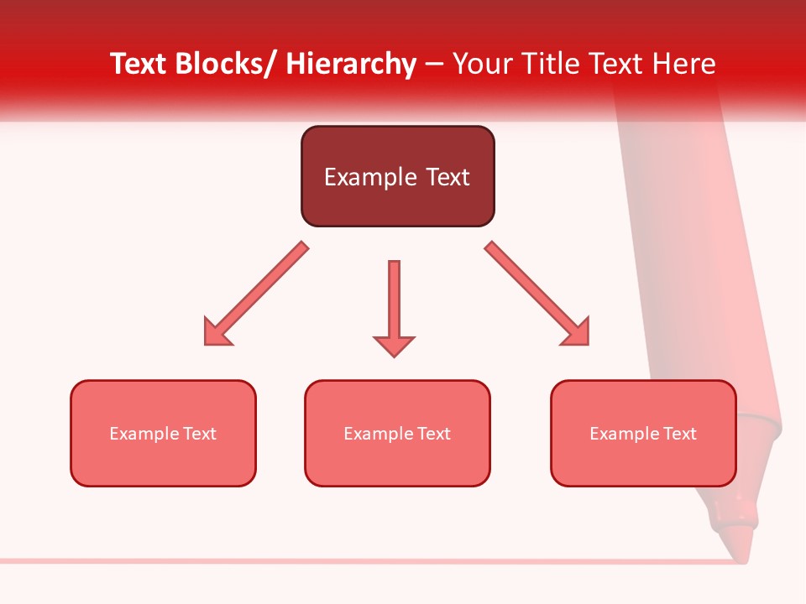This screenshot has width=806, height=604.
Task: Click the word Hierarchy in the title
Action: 351,64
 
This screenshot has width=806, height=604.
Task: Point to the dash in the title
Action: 434,65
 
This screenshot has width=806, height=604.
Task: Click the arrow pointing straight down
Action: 394,302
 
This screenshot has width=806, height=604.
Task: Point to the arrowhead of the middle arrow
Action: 394,345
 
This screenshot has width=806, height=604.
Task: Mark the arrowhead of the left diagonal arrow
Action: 217,332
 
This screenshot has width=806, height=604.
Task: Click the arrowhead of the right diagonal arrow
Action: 576,332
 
